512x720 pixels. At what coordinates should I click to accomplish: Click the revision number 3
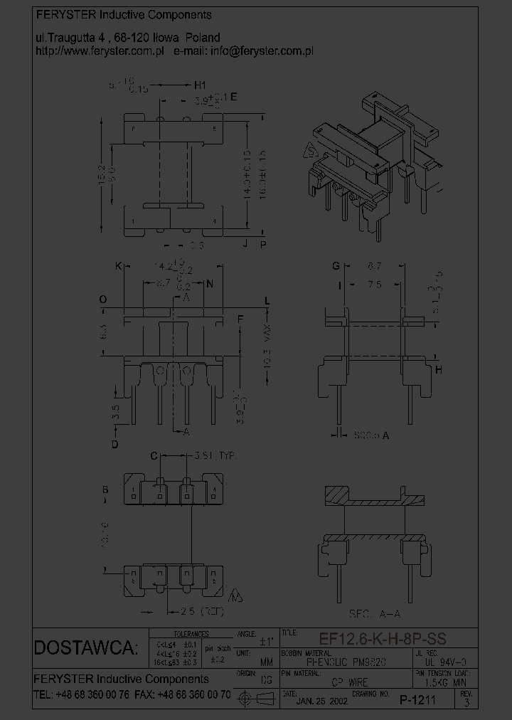point(466,702)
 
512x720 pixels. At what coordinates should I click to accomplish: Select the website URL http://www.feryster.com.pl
point(100,51)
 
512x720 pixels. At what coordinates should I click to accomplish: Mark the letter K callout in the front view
point(119,267)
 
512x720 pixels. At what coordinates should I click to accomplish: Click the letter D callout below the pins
point(114,445)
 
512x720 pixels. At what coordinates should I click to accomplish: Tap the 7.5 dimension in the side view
point(375,284)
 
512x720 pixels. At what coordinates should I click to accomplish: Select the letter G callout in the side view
point(335,267)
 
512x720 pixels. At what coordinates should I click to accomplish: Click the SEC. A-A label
point(374,613)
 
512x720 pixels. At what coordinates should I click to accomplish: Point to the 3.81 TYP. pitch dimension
point(215,455)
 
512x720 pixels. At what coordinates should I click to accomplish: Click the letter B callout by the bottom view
point(105,489)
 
